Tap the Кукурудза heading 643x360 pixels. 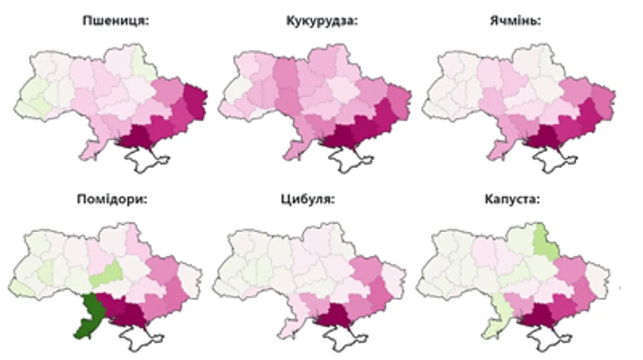[x=321, y=23]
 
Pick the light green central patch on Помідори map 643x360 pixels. [x=108, y=273]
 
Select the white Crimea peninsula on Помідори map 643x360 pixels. [x=142, y=338]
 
